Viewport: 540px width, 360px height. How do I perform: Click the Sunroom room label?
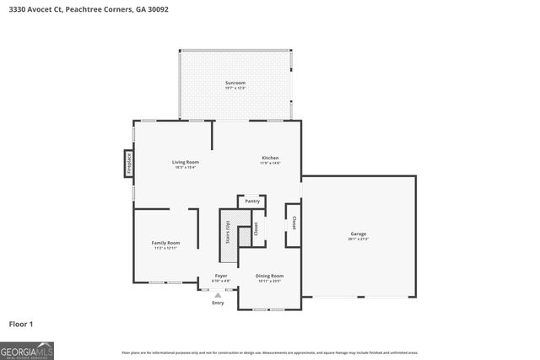click(235, 82)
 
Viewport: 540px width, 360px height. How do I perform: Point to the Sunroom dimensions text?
click(235, 88)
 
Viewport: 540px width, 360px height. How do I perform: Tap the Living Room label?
click(185, 162)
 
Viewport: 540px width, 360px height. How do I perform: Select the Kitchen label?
click(270, 158)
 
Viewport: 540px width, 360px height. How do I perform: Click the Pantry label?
click(252, 201)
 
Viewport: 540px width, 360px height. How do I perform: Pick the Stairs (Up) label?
click(227, 230)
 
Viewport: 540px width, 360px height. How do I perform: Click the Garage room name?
click(359, 234)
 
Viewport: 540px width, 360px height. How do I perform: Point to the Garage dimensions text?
click(359, 239)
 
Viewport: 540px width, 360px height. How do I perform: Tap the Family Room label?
click(165, 242)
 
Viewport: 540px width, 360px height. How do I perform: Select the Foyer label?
click(220, 276)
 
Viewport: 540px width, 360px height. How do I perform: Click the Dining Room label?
click(270, 276)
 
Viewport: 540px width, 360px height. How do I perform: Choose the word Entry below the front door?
click(219, 303)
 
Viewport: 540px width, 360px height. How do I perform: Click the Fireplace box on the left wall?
click(129, 163)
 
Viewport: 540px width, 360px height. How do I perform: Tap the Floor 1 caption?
click(21, 323)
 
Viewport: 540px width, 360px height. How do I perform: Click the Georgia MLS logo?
click(27, 349)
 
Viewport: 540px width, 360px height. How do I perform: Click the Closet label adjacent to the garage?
click(294, 223)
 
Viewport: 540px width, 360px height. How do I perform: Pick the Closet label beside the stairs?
click(254, 228)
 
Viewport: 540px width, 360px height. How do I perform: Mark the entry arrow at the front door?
click(219, 295)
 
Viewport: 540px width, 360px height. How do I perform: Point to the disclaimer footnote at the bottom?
click(269, 352)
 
